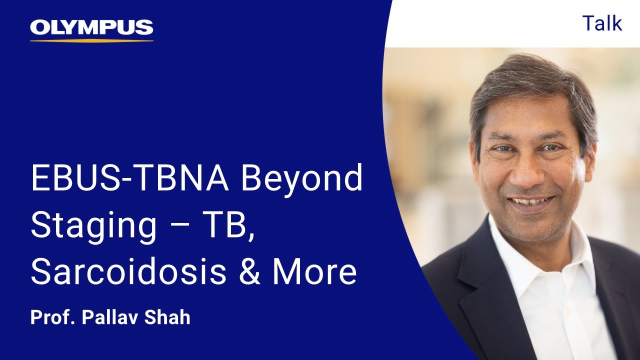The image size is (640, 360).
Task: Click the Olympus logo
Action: [x=91, y=28]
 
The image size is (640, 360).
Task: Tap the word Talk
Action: [x=602, y=23]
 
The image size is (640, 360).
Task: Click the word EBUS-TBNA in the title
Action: [x=129, y=179]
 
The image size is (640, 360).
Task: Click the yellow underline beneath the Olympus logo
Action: [x=91, y=40]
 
